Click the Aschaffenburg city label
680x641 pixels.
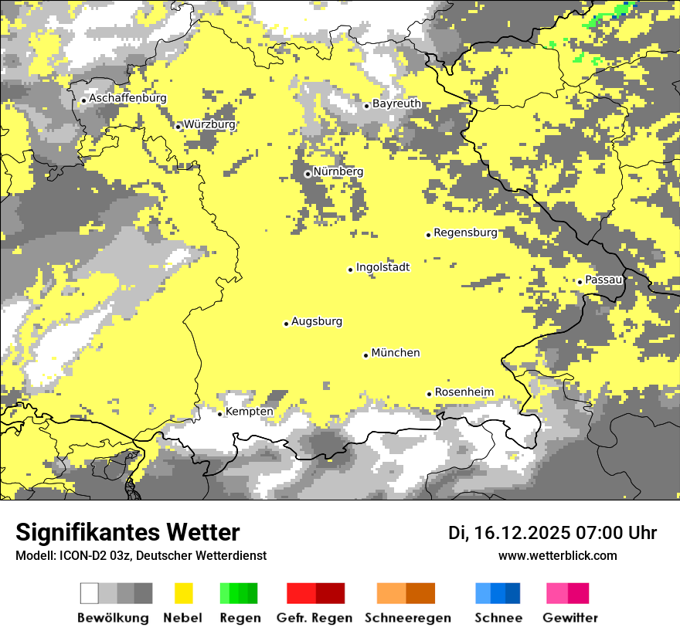(x=127, y=99)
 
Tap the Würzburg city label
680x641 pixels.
(x=209, y=124)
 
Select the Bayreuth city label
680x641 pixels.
(x=396, y=103)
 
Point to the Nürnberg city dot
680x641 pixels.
(x=308, y=174)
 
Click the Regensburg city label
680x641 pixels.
(x=465, y=232)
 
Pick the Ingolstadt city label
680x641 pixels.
(x=382, y=268)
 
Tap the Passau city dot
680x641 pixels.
(x=580, y=282)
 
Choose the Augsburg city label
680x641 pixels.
(x=316, y=322)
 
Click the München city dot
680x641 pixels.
(x=365, y=355)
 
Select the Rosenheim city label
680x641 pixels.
(x=464, y=392)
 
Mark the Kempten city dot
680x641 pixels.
(x=219, y=414)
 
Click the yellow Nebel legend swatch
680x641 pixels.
(x=184, y=593)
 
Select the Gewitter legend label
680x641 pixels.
(x=569, y=618)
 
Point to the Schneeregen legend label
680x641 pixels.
(x=407, y=618)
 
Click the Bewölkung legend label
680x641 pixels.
(x=113, y=618)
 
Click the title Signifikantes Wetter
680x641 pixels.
(x=127, y=532)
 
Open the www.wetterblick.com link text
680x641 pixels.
(x=557, y=555)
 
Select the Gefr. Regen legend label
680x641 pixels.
(x=314, y=618)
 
